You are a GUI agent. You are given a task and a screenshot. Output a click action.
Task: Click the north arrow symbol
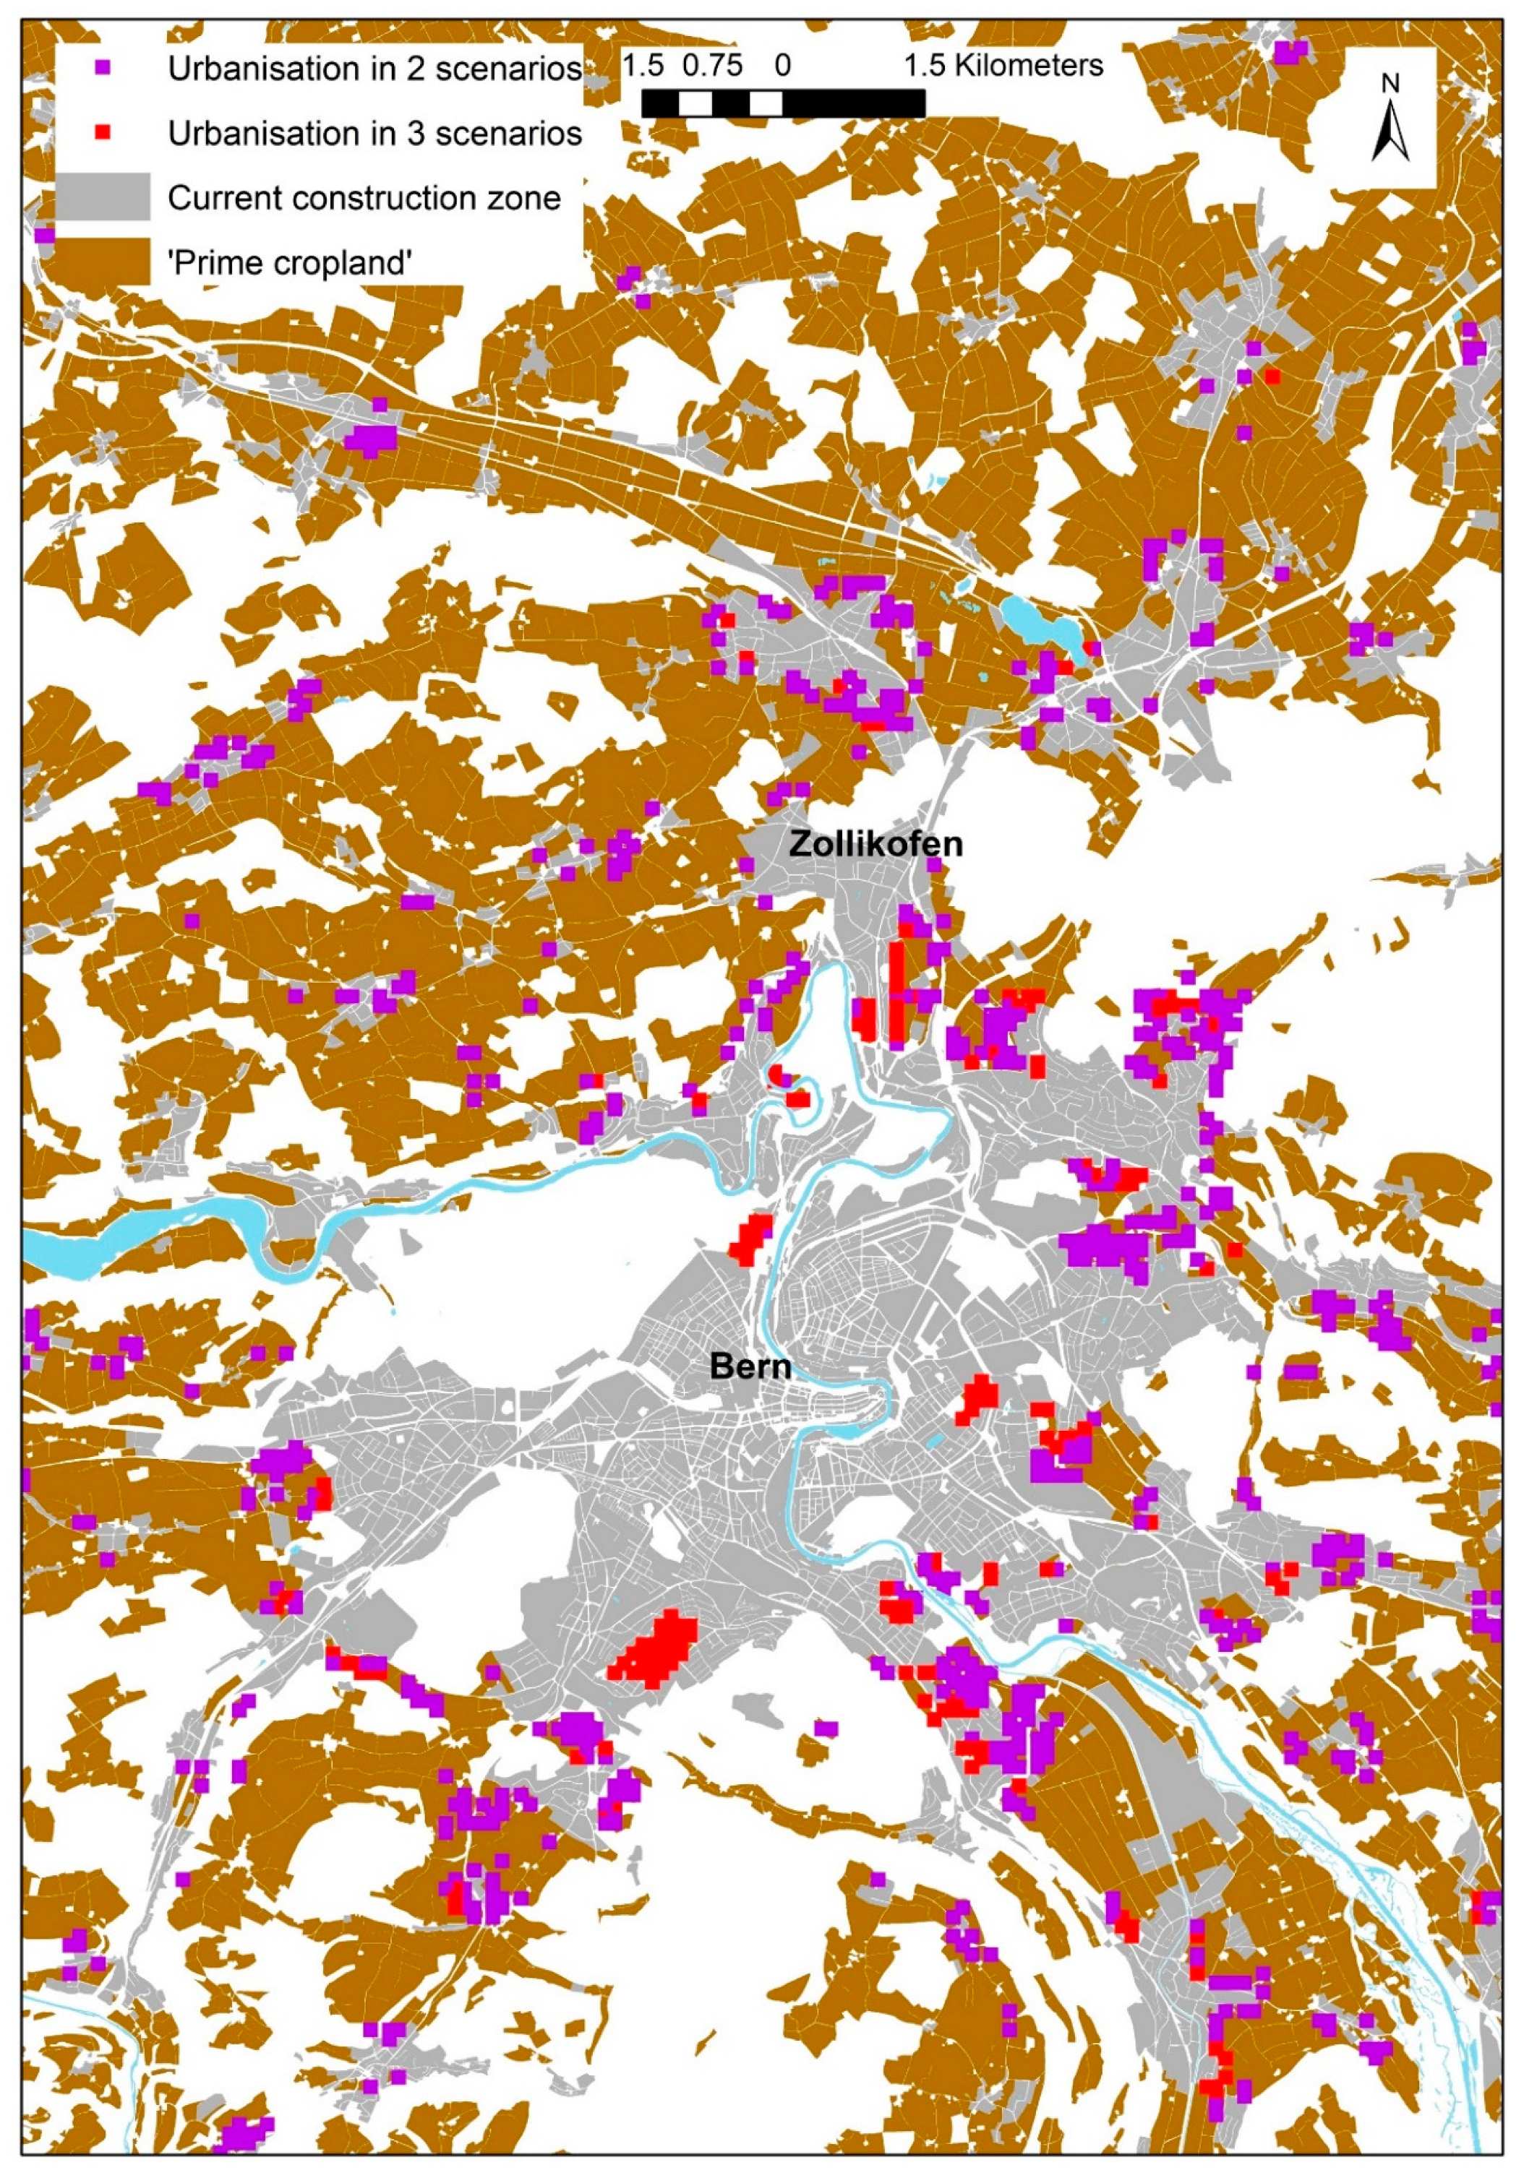click(x=1390, y=134)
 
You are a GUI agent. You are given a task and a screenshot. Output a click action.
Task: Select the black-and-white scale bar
click(x=783, y=103)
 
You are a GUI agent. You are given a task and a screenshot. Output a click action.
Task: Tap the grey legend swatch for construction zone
click(x=103, y=197)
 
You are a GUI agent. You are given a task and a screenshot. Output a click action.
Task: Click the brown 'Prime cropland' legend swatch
click(x=103, y=262)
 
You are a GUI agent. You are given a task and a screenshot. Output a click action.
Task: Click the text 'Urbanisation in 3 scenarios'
click(x=374, y=134)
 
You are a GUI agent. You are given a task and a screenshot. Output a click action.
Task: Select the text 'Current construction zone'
click(x=364, y=198)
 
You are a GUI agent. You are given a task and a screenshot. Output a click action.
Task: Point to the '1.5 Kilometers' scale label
click(x=1003, y=66)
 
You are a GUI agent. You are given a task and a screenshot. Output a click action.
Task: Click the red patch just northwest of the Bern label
click(x=750, y=1238)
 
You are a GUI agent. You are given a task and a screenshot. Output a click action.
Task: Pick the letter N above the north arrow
click(x=1390, y=84)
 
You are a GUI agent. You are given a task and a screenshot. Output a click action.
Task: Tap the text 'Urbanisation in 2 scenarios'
click(x=374, y=69)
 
